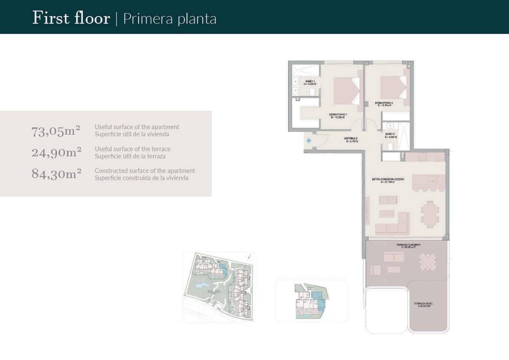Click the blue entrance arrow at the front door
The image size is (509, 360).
tap(308, 140)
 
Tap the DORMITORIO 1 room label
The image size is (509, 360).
tap(338, 116)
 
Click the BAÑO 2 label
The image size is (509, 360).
tap(390, 135)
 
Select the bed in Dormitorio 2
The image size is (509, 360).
tap(393, 87)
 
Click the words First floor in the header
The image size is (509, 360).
tap(71, 19)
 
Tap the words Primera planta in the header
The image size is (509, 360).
tap(170, 19)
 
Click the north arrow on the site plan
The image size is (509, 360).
tap(249, 257)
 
